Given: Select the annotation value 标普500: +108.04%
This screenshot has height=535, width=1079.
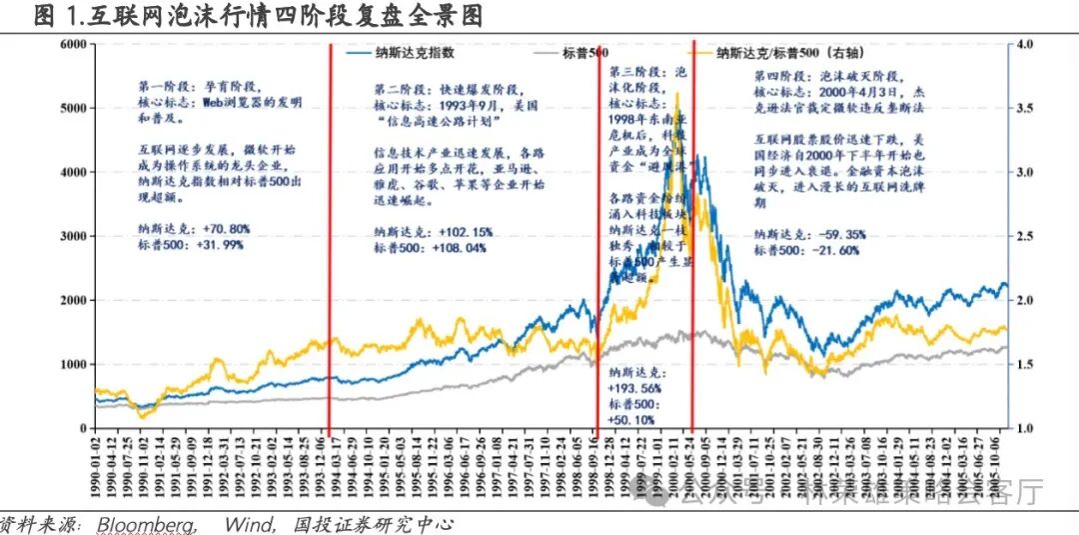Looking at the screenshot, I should coord(429,247).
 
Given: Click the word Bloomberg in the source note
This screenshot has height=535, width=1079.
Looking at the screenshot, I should coord(145,524).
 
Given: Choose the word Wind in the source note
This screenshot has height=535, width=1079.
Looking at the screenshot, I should coord(245,524).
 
